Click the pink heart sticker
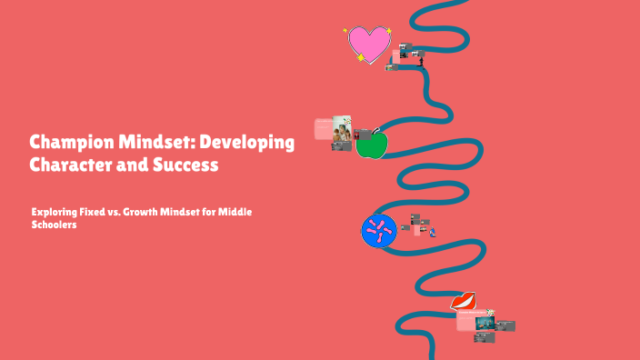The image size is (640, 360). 368,45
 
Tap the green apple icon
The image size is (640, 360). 371,144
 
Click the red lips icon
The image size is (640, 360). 463,301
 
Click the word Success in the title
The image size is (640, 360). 185,166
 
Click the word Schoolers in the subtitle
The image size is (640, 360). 54,225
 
